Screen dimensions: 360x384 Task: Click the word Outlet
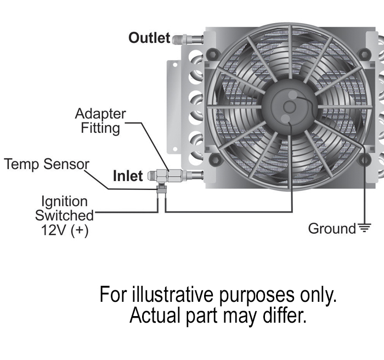(149, 38)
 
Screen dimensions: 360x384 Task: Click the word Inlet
(128, 176)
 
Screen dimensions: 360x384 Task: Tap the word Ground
(332, 228)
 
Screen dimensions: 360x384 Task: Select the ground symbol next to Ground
(364, 228)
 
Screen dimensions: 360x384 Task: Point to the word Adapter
(100, 114)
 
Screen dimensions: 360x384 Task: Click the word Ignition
(64, 201)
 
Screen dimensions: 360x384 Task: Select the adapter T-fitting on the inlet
(163, 176)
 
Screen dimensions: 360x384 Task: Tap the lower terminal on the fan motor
(289, 120)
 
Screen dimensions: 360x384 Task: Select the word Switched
(64, 216)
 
